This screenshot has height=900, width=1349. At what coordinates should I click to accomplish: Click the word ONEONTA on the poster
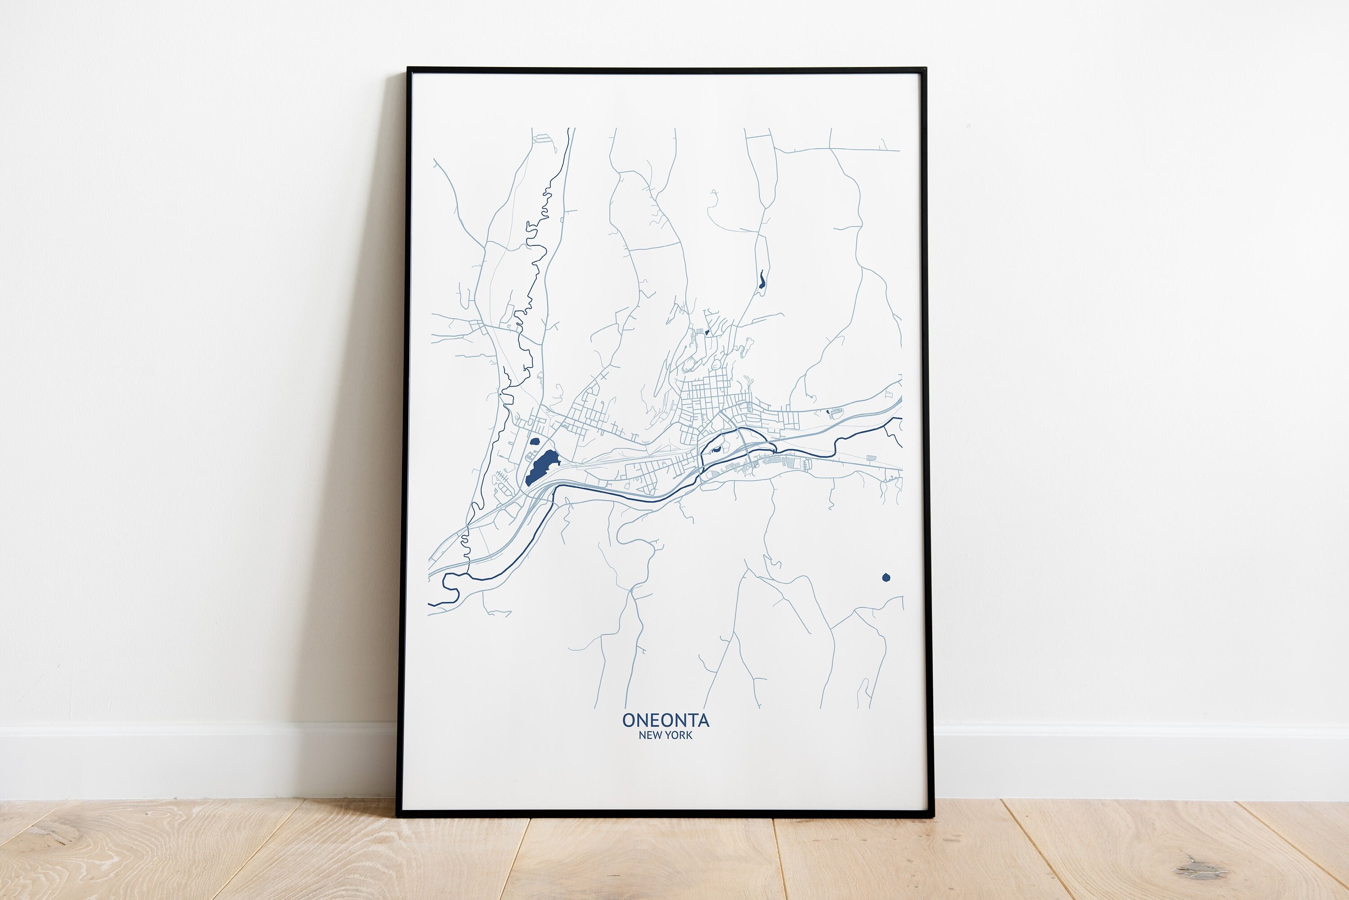point(666,720)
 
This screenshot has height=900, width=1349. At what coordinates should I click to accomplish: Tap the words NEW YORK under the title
point(666,735)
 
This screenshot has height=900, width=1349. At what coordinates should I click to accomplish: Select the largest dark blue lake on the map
point(541,467)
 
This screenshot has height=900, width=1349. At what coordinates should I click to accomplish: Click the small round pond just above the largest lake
point(535,442)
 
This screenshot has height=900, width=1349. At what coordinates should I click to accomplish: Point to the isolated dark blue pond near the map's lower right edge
point(886,577)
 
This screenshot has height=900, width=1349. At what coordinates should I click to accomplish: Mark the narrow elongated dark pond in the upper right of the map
point(761,281)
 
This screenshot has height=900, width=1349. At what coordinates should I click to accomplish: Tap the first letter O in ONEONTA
point(629,720)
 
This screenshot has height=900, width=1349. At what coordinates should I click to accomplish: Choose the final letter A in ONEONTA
point(703,720)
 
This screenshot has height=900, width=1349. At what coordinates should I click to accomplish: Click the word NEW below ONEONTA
point(649,735)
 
